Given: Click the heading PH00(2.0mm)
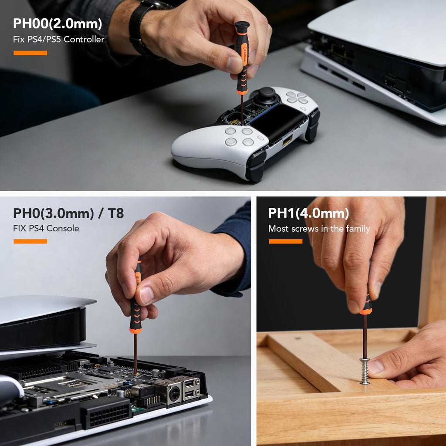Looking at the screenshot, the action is (57, 24).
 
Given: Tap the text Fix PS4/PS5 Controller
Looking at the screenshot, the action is (59, 39).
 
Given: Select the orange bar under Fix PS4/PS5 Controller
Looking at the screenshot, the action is (30, 53).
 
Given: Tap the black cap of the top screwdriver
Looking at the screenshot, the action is (242, 27).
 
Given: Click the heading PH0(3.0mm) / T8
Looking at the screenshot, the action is (68, 213).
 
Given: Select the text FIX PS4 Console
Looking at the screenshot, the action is (46, 228).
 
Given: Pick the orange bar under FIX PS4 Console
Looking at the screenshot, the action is (30, 241).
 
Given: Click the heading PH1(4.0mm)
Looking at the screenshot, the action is (308, 213).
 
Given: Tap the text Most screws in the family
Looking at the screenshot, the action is (319, 229).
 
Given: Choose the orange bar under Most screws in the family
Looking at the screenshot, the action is (286, 241).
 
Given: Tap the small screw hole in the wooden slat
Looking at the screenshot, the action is (297, 338).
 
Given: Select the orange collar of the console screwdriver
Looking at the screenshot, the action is (135, 331).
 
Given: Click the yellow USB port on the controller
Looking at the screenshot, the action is (287, 140).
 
